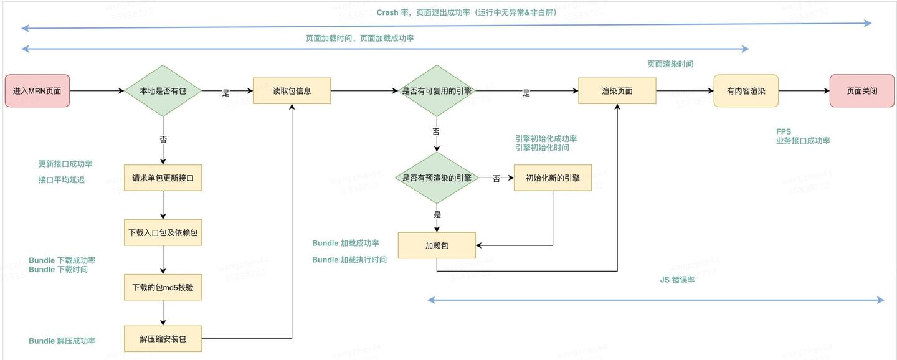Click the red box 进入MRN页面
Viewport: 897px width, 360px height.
click(x=37, y=91)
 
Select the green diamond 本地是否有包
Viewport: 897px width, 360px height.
click(x=163, y=91)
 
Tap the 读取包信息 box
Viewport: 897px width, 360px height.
click(x=292, y=91)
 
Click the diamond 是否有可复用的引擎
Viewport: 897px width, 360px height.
click(x=437, y=91)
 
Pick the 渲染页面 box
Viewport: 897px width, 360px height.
click(x=617, y=91)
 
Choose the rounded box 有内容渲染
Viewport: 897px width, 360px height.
click(x=746, y=91)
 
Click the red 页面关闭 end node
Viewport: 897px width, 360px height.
click(x=861, y=91)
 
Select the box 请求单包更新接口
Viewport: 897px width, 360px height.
click(x=163, y=178)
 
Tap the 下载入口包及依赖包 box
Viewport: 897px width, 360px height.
click(x=163, y=232)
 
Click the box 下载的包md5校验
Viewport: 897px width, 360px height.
click(x=163, y=287)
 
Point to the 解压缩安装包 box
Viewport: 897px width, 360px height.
click(x=163, y=339)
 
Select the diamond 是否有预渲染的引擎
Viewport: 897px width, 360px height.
click(x=437, y=178)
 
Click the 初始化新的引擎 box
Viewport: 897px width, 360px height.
click(x=553, y=178)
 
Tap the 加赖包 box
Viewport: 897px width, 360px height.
click(x=437, y=245)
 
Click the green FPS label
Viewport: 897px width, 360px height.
click(x=783, y=131)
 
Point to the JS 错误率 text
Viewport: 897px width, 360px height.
click(x=677, y=280)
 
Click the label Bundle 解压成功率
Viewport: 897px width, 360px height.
click(x=62, y=341)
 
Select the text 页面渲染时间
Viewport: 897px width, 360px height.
click(x=670, y=64)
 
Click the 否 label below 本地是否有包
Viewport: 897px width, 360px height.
click(x=163, y=140)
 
